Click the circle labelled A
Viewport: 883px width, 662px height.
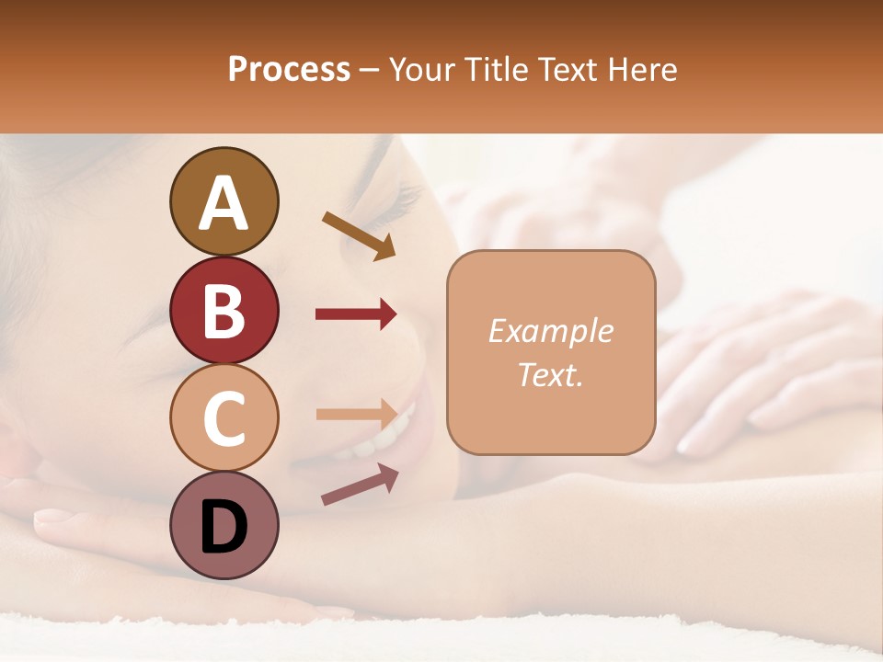point(224,201)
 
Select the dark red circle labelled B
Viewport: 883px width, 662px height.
point(224,310)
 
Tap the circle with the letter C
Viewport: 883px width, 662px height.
point(224,417)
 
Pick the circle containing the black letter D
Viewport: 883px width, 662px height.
point(224,525)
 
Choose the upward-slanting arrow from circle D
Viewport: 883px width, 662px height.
point(360,484)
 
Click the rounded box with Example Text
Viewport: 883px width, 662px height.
point(551,352)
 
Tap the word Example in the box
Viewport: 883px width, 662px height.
point(550,331)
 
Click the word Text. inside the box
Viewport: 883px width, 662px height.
point(550,374)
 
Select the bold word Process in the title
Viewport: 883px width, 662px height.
point(289,69)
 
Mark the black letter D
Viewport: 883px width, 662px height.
point(224,527)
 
